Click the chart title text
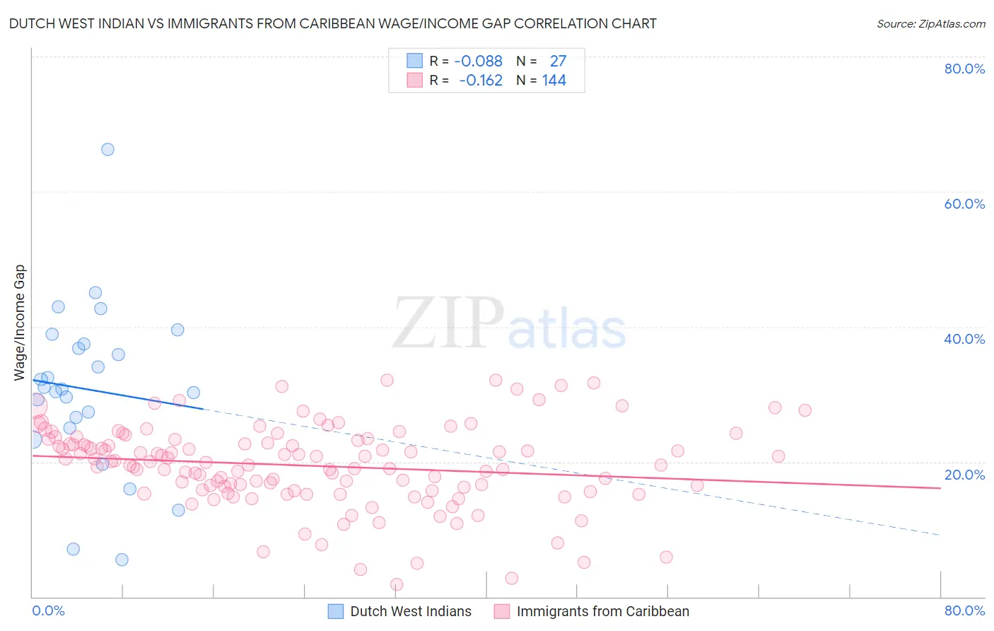(332, 23)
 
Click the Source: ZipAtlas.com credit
(930, 23)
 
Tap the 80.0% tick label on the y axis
(964, 69)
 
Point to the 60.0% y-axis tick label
(964, 204)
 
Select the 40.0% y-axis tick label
(964, 339)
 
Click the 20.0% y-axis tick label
(964, 475)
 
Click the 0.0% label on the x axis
(49, 610)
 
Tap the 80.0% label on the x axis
(964, 610)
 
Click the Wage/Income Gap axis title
(20, 323)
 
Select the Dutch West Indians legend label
(411, 611)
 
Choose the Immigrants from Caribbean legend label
(602, 611)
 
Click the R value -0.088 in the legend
(479, 61)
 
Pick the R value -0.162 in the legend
(481, 80)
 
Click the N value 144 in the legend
(554, 80)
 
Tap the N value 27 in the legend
(558, 61)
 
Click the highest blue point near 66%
(107, 149)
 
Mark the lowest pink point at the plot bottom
(397, 584)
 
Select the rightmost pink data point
(805, 410)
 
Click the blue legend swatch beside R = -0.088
(414, 61)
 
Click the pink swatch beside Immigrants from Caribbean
(502, 611)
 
